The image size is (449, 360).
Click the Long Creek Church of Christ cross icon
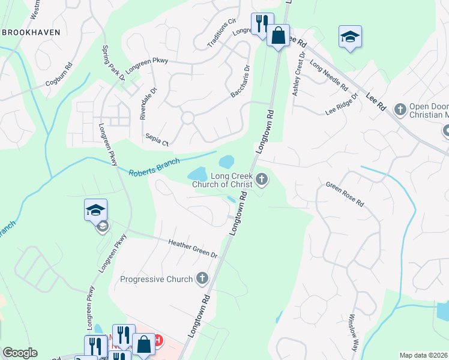coord(262,178)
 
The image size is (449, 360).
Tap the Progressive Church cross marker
coord(202,278)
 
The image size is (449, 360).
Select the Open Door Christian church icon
coord(400,109)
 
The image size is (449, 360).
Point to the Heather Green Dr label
coord(193,249)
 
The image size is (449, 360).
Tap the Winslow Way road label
coord(353,327)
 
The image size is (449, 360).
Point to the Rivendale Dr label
coord(148,104)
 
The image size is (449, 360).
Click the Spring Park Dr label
coord(113,62)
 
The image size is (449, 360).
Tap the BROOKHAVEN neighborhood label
coord(31,31)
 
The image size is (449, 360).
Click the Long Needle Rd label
coord(329,75)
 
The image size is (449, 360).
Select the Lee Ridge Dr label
coord(342,104)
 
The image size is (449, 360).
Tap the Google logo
coord(20,353)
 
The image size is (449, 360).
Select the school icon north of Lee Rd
coord(350,38)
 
